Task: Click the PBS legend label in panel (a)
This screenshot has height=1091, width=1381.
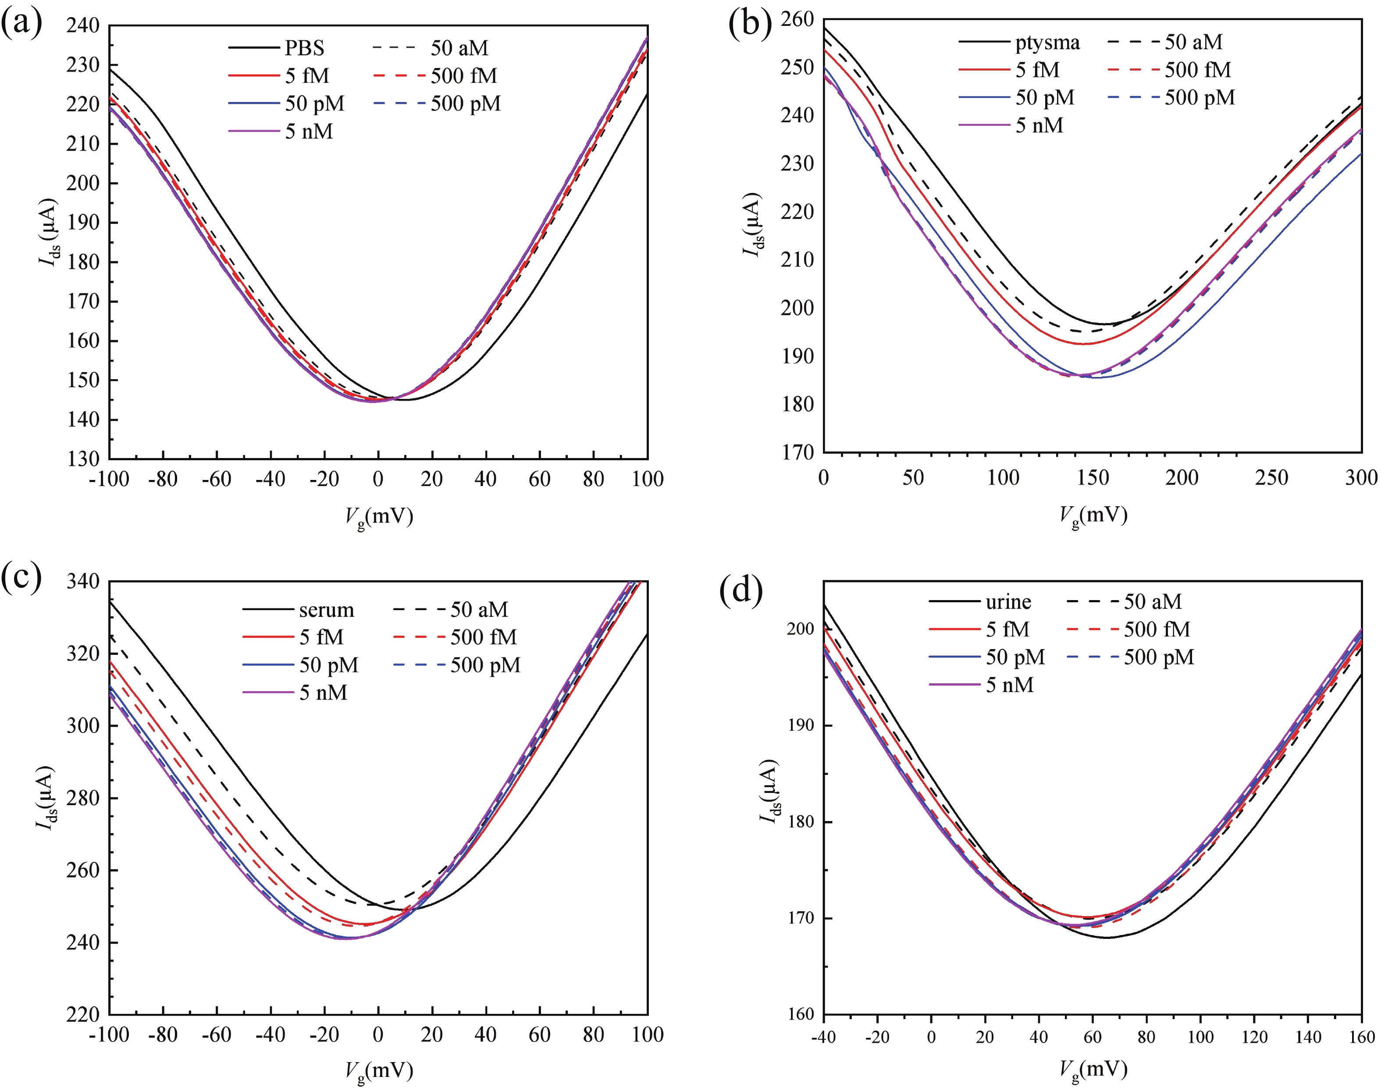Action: point(305,48)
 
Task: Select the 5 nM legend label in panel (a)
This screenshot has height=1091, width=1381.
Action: point(309,131)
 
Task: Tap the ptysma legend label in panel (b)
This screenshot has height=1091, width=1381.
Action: point(1047,43)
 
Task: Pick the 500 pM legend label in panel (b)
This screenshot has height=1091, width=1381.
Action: point(1199,98)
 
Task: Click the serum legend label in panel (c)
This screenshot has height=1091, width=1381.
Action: point(327,610)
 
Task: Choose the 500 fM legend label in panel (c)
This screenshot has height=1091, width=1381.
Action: point(484,637)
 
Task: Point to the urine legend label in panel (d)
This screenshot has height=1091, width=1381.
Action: point(1008,602)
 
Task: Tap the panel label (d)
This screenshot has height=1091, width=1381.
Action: point(741,591)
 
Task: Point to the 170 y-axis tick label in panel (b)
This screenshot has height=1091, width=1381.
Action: point(798,453)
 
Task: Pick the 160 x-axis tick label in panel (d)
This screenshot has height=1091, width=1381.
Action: point(1362,1037)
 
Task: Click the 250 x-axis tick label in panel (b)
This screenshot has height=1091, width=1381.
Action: point(1271,478)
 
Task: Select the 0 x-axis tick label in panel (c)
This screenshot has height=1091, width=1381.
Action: point(378,1035)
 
